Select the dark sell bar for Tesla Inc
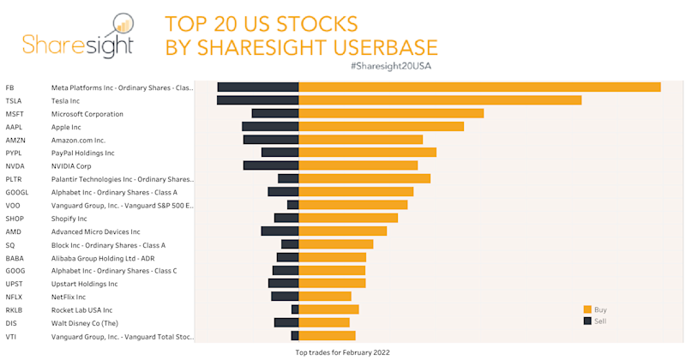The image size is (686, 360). (257, 100)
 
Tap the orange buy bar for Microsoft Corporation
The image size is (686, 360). (390, 113)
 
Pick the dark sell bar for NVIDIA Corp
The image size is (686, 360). (270, 165)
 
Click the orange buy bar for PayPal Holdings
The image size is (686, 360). (367, 153)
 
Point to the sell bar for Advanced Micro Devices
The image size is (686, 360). (280, 231)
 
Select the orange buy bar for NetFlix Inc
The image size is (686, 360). (324, 297)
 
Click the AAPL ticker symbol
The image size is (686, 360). (15, 127)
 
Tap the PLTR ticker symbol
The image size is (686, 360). (15, 179)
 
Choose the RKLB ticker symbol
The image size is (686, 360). (15, 310)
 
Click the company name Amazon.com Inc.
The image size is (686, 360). (78, 140)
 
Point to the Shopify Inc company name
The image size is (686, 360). (69, 219)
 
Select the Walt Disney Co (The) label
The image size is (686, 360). (85, 323)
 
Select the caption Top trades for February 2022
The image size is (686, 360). (342, 352)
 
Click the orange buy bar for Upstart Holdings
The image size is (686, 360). (332, 284)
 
